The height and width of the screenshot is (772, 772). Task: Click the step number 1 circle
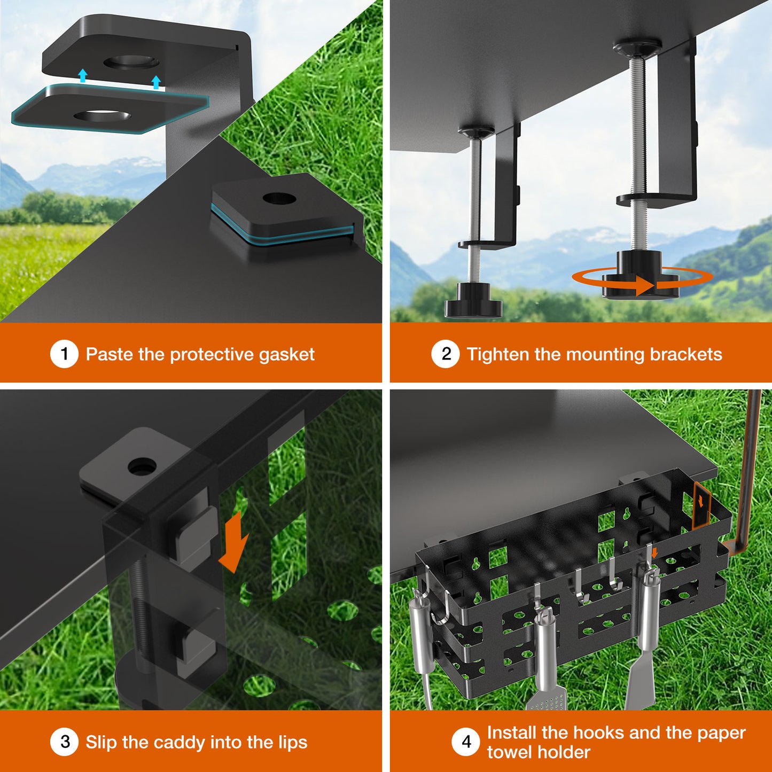point(64,354)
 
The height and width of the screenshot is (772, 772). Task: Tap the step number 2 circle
point(446,354)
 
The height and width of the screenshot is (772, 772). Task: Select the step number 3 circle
point(64,742)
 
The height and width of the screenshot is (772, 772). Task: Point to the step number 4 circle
point(466,742)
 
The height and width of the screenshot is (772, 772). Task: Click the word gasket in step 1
point(286,355)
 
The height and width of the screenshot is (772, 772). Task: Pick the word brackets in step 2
point(686,354)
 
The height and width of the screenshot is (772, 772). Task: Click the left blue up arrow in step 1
point(83,75)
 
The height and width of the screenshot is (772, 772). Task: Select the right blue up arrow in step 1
point(156,82)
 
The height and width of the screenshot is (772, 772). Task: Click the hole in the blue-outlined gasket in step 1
point(103,116)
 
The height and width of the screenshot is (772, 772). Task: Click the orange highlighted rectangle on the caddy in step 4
point(701,504)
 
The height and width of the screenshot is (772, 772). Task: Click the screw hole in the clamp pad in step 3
point(142,466)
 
